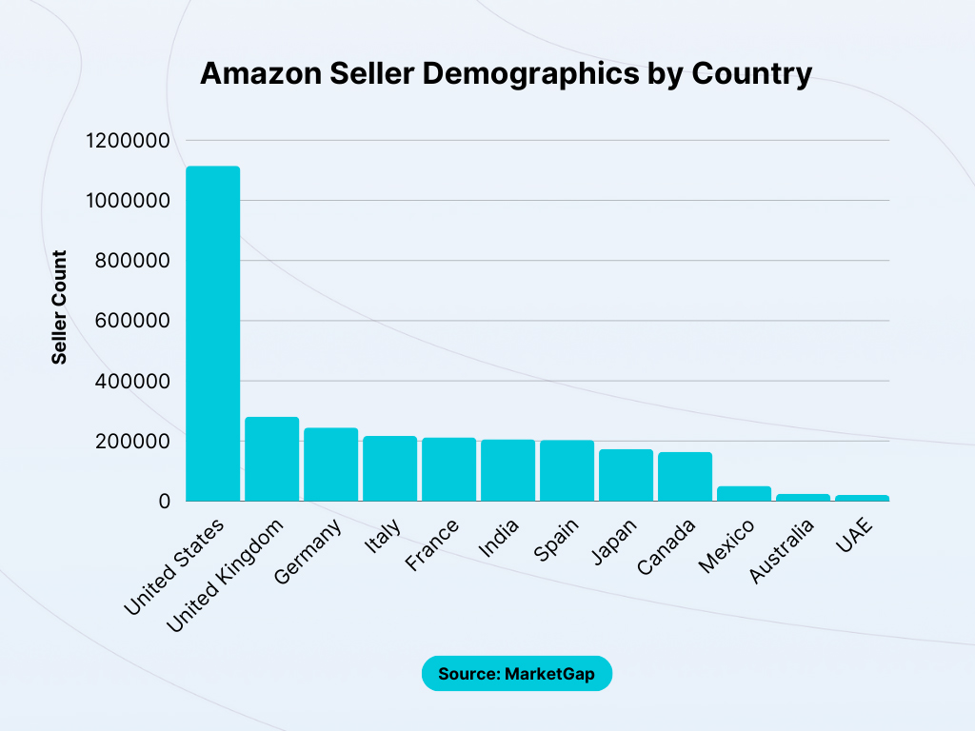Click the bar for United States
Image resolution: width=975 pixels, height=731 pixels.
click(212, 333)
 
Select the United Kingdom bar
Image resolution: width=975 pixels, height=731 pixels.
click(271, 459)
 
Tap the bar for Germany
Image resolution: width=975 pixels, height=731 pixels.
click(330, 464)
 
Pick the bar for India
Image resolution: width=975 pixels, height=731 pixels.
click(507, 470)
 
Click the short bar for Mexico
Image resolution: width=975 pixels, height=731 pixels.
click(744, 493)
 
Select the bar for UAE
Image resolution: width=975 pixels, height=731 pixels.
click(862, 497)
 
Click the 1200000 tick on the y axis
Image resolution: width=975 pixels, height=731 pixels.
click(127, 141)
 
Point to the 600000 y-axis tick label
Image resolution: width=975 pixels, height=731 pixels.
click(132, 321)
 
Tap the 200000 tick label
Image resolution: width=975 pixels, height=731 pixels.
click(132, 442)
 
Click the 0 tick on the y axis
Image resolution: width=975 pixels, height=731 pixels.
click(164, 501)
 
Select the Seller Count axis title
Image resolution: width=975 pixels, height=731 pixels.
click(59, 307)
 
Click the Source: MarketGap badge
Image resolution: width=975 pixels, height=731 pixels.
click(516, 674)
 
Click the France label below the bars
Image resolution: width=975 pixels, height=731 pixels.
click(433, 546)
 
